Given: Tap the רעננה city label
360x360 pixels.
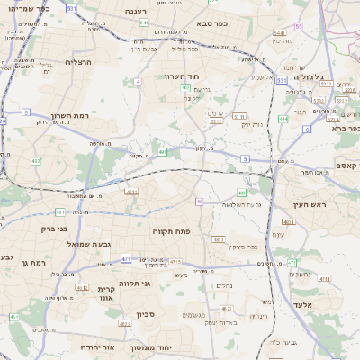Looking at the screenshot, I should (136, 11).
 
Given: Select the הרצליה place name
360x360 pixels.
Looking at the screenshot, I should (79, 61).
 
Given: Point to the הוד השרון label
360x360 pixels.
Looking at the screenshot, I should (180, 77).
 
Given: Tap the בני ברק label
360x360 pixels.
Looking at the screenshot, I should (55, 229).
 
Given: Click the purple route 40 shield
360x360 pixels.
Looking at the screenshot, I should (200, 202).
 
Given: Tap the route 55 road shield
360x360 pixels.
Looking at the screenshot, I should (298, 27).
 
